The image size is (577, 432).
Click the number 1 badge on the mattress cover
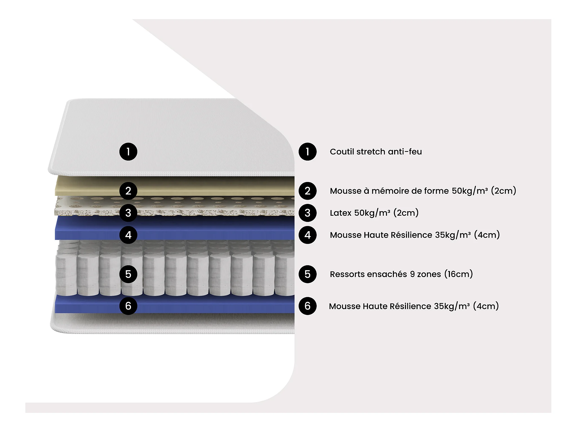128,152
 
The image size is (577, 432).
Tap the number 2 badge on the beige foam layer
128,191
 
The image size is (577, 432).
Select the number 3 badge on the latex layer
128,213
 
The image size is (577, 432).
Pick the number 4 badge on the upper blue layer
128,235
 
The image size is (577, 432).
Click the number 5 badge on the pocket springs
128,274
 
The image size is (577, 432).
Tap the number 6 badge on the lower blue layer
128,306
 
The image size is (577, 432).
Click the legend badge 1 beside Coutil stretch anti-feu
307,152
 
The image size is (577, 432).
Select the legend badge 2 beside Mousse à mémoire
307,191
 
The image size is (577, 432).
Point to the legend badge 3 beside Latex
307,213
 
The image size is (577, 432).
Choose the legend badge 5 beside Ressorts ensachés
307,274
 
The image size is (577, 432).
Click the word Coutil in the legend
342,152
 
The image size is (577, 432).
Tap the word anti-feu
405,152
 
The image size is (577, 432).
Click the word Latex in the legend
341,213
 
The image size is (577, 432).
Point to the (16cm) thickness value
458,274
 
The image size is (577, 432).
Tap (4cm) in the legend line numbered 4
487,235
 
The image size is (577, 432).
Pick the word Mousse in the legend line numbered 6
344,306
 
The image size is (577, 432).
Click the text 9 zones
425,274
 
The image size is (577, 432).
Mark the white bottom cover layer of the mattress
172,323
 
